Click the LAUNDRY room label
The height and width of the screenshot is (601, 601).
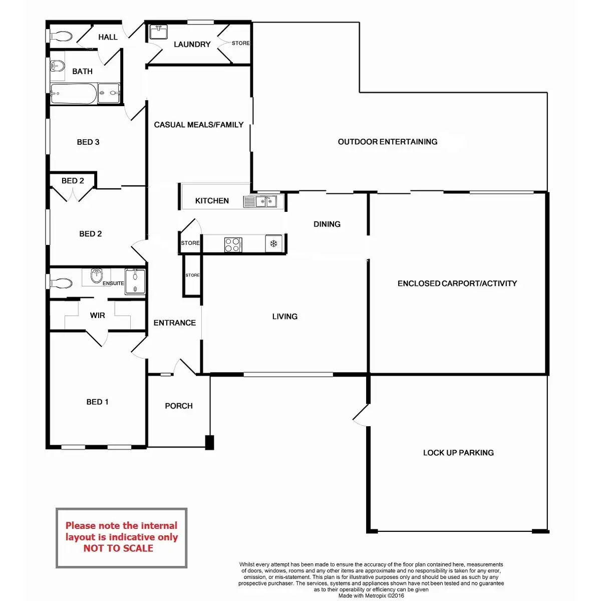(x=192, y=45)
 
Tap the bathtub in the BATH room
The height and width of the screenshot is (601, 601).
(x=73, y=94)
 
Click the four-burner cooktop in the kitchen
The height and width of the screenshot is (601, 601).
(x=232, y=244)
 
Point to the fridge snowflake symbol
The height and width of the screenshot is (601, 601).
(x=273, y=244)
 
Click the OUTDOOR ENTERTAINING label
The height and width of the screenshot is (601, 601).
(x=387, y=142)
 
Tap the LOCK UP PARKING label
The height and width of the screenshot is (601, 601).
(x=458, y=453)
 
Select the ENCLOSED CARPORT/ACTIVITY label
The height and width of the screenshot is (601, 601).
(x=457, y=283)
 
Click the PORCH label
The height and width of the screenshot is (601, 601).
(x=179, y=406)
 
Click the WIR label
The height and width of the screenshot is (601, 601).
(x=98, y=316)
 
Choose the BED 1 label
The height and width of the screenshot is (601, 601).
(x=97, y=402)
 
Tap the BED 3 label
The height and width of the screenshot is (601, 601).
(x=88, y=142)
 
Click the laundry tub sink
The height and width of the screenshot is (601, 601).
(x=158, y=32)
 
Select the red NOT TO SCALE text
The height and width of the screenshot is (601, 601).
(x=118, y=548)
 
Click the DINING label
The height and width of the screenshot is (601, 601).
(x=327, y=224)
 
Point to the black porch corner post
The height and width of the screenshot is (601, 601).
(x=210, y=442)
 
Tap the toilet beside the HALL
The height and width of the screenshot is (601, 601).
(x=62, y=36)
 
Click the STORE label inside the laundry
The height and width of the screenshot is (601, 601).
(x=240, y=43)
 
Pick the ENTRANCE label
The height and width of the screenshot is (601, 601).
(x=174, y=323)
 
